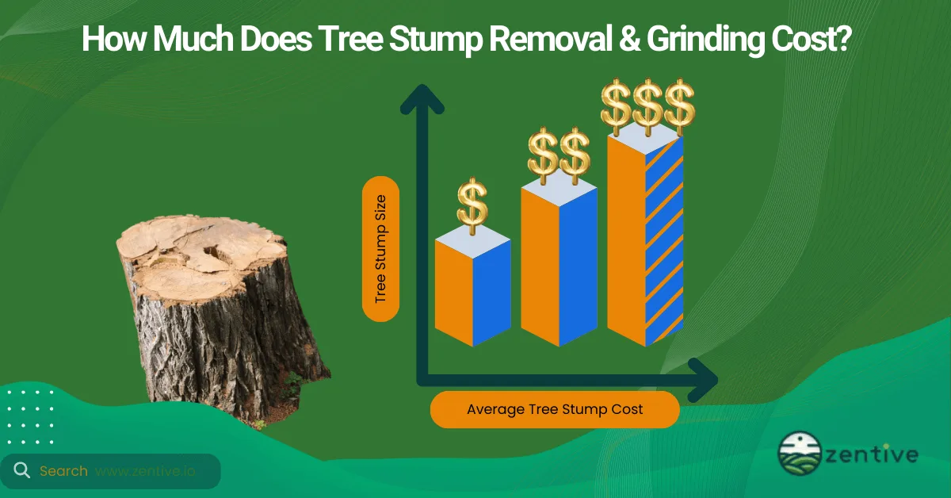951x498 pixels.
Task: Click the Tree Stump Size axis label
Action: [x=380, y=249]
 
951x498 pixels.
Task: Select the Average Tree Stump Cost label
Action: [x=554, y=410]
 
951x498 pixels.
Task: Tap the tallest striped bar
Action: [x=646, y=238]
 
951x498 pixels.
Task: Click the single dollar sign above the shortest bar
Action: [x=472, y=204]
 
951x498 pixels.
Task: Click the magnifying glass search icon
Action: [x=21, y=470]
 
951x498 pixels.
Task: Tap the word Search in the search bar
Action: [x=63, y=471]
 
